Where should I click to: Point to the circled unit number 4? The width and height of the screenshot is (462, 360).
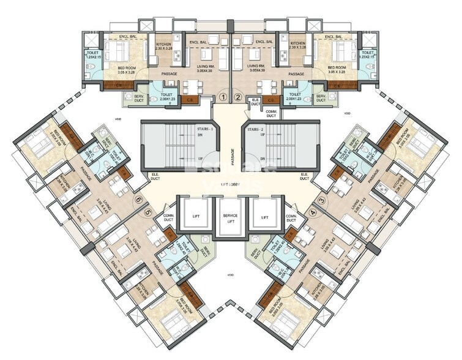point(313,212)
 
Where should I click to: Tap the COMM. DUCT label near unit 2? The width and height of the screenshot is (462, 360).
point(271,113)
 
